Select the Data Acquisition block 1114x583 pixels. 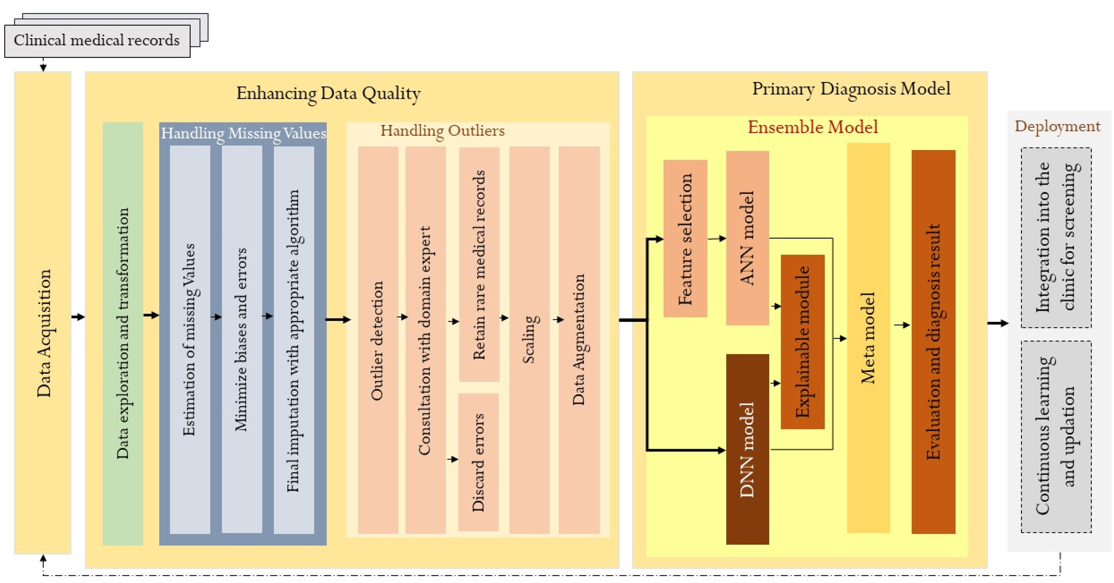click(x=43, y=312)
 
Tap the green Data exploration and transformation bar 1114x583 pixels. click(x=123, y=333)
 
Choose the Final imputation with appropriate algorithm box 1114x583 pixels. click(x=294, y=340)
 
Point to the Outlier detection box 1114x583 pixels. click(x=378, y=340)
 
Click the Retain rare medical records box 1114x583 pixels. click(x=479, y=264)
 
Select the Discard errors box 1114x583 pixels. click(x=478, y=462)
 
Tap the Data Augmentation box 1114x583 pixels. click(x=579, y=340)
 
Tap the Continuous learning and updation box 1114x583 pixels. click(x=1056, y=437)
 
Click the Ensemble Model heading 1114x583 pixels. click(x=813, y=127)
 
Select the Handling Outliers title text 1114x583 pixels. click(x=442, y=130)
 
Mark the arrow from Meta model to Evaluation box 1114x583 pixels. click(x=902, y=325)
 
